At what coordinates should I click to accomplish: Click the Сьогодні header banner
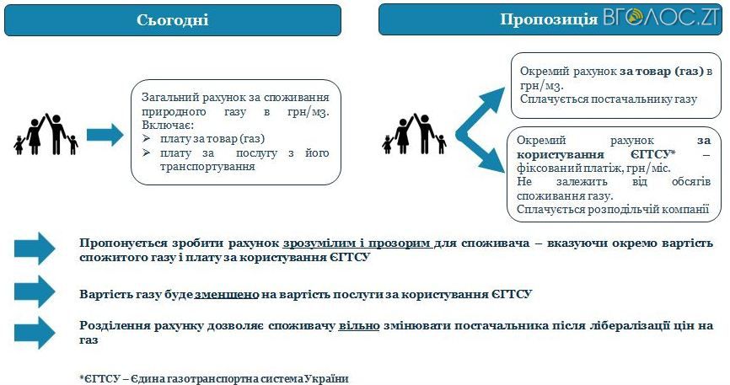(172, 19)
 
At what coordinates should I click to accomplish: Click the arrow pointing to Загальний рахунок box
(105, 133)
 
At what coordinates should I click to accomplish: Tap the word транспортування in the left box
(196, 167)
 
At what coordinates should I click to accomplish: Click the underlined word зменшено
(224, 294)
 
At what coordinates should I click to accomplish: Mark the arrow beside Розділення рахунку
(34, 332)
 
